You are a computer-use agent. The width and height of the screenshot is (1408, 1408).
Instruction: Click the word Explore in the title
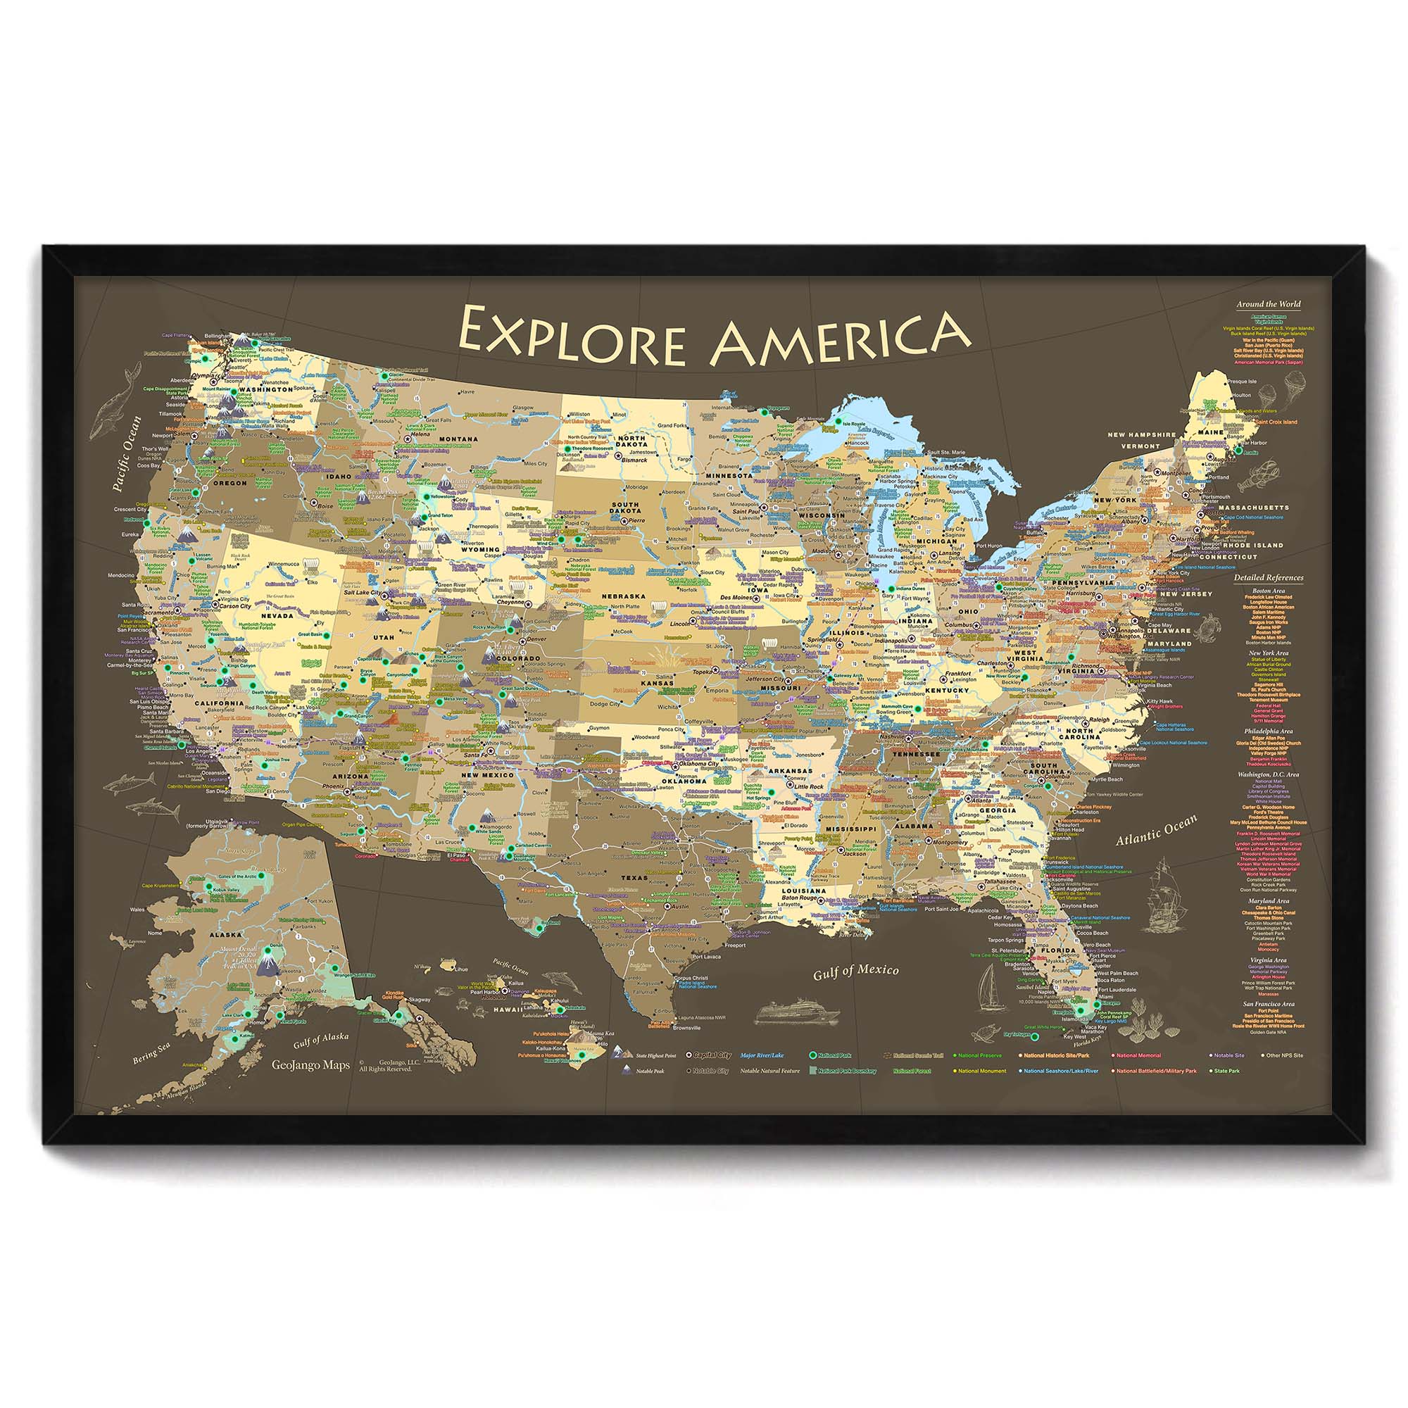[x=572, y=337]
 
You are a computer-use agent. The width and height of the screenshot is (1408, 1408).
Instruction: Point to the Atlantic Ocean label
[x=1157, y=830]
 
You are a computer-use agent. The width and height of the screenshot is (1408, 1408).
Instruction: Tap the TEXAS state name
[x=634, y=878]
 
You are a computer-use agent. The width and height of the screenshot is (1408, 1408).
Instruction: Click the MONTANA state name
[x=458, y=439]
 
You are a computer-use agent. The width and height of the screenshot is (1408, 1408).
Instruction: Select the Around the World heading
[x=1268, y=304]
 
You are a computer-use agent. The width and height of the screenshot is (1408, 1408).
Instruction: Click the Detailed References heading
[x=1268, y=578]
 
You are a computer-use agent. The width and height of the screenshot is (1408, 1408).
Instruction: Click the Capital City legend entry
[x=711, y=1055]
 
